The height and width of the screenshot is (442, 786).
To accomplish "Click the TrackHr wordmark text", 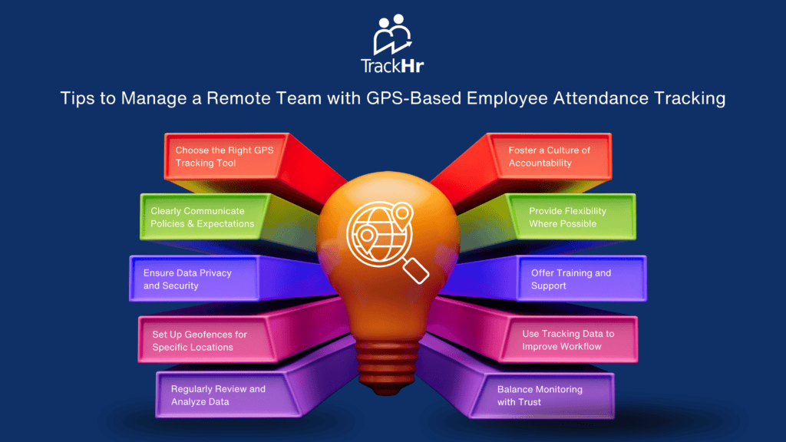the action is click(x=392, y=66).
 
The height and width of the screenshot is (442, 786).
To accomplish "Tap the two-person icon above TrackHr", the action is click(x=392, y=34).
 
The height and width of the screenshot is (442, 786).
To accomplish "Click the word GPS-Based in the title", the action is click(x=414, y=98).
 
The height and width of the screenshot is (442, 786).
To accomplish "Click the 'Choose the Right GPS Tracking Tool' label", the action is click(x=224, y=157).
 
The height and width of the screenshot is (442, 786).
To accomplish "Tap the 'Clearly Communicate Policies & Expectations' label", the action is click(x=202, y=217).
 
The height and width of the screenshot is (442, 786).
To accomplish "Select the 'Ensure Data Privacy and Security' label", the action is click(x=187, y=279).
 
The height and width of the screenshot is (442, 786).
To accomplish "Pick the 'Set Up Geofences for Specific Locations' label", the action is click(x=200, y=341).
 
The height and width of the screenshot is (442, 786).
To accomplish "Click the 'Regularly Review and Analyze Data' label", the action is click(x=218, y=395).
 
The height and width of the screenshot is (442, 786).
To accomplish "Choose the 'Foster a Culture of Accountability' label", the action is click(x=549, y=157).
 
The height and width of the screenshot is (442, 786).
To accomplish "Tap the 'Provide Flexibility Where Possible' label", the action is click(x=567, y=217).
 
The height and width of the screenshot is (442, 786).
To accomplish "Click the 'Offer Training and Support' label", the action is click(x=571, y=279).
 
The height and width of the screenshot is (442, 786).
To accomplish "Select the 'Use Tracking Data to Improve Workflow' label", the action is click(x=568, y=340).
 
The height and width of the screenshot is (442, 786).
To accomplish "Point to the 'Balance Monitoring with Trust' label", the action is click(x=540, y=395).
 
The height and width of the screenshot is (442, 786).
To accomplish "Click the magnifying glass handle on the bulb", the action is click(x=415, y=271).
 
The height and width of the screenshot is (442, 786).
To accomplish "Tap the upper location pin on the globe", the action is click(x=402, y=216).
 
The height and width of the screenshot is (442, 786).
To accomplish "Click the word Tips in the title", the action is click(x=78, y=98).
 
